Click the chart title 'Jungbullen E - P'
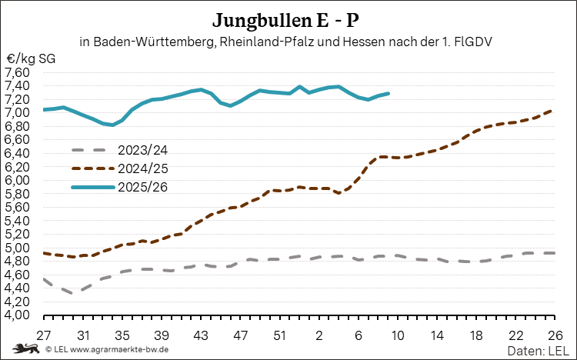[288, 18]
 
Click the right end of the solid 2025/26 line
[388, 93]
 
